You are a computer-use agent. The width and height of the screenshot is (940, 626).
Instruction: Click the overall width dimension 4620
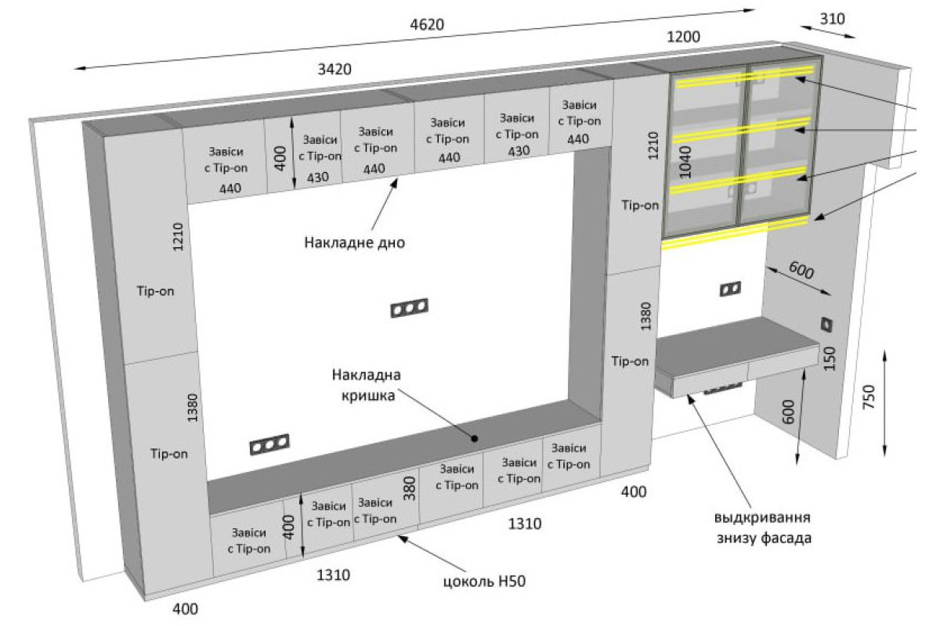pos(427,24)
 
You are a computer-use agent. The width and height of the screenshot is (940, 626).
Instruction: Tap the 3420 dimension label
pos(334,69)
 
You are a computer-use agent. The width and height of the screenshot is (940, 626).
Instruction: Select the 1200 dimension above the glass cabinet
pos(683,37)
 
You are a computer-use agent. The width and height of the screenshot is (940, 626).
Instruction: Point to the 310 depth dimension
pos(832,19)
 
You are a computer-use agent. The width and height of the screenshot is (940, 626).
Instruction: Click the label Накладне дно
pos(355,243)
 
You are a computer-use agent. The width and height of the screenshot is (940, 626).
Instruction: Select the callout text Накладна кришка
pos(367,385)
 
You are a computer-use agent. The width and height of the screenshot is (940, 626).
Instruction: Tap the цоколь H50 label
pos(485,581)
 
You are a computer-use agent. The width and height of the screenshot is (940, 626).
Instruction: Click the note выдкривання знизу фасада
pos(763,527)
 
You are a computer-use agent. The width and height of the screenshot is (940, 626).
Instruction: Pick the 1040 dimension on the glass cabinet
pos(685,162)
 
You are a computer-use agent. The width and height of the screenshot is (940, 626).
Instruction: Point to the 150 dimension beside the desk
pos(830,358)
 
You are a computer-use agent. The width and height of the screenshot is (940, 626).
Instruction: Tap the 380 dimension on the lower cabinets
pos(409,488)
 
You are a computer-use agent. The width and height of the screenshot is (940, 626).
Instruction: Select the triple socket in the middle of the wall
pos(410,308)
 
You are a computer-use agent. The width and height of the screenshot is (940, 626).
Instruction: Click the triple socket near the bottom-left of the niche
pos(269,444)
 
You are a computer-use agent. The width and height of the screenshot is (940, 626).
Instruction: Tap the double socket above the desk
pos(730,289)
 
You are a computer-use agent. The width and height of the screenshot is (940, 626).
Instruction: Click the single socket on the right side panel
pos(826,325)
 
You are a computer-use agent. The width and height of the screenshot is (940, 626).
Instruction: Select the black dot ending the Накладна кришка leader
pos(475,438)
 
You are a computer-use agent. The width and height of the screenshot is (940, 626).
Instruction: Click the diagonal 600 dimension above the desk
pos(801,270)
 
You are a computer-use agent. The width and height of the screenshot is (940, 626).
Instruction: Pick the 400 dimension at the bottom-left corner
pos(185,608)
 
